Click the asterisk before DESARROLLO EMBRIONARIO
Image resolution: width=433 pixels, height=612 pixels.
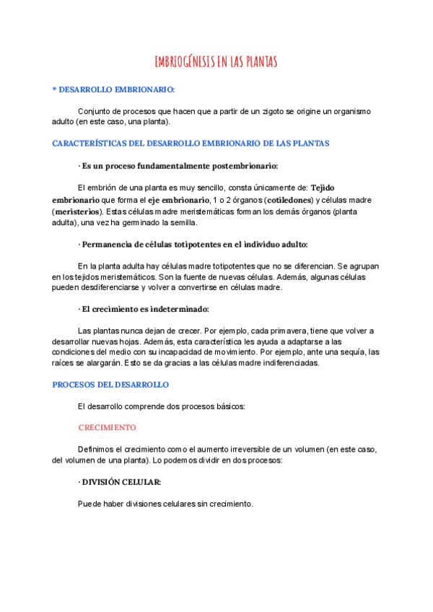(x=54, y=89)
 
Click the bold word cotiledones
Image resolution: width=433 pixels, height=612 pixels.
(x=289, y=199)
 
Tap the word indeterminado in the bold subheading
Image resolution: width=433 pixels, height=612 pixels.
(x=178, y=310)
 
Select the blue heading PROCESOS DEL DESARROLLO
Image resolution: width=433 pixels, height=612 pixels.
(x=110, y=385)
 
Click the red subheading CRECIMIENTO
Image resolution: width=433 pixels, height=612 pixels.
(x=107, y=427)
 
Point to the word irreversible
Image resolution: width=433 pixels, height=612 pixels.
(x=250, y=448)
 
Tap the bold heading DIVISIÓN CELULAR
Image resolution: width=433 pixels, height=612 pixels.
(x=122, y=481)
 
